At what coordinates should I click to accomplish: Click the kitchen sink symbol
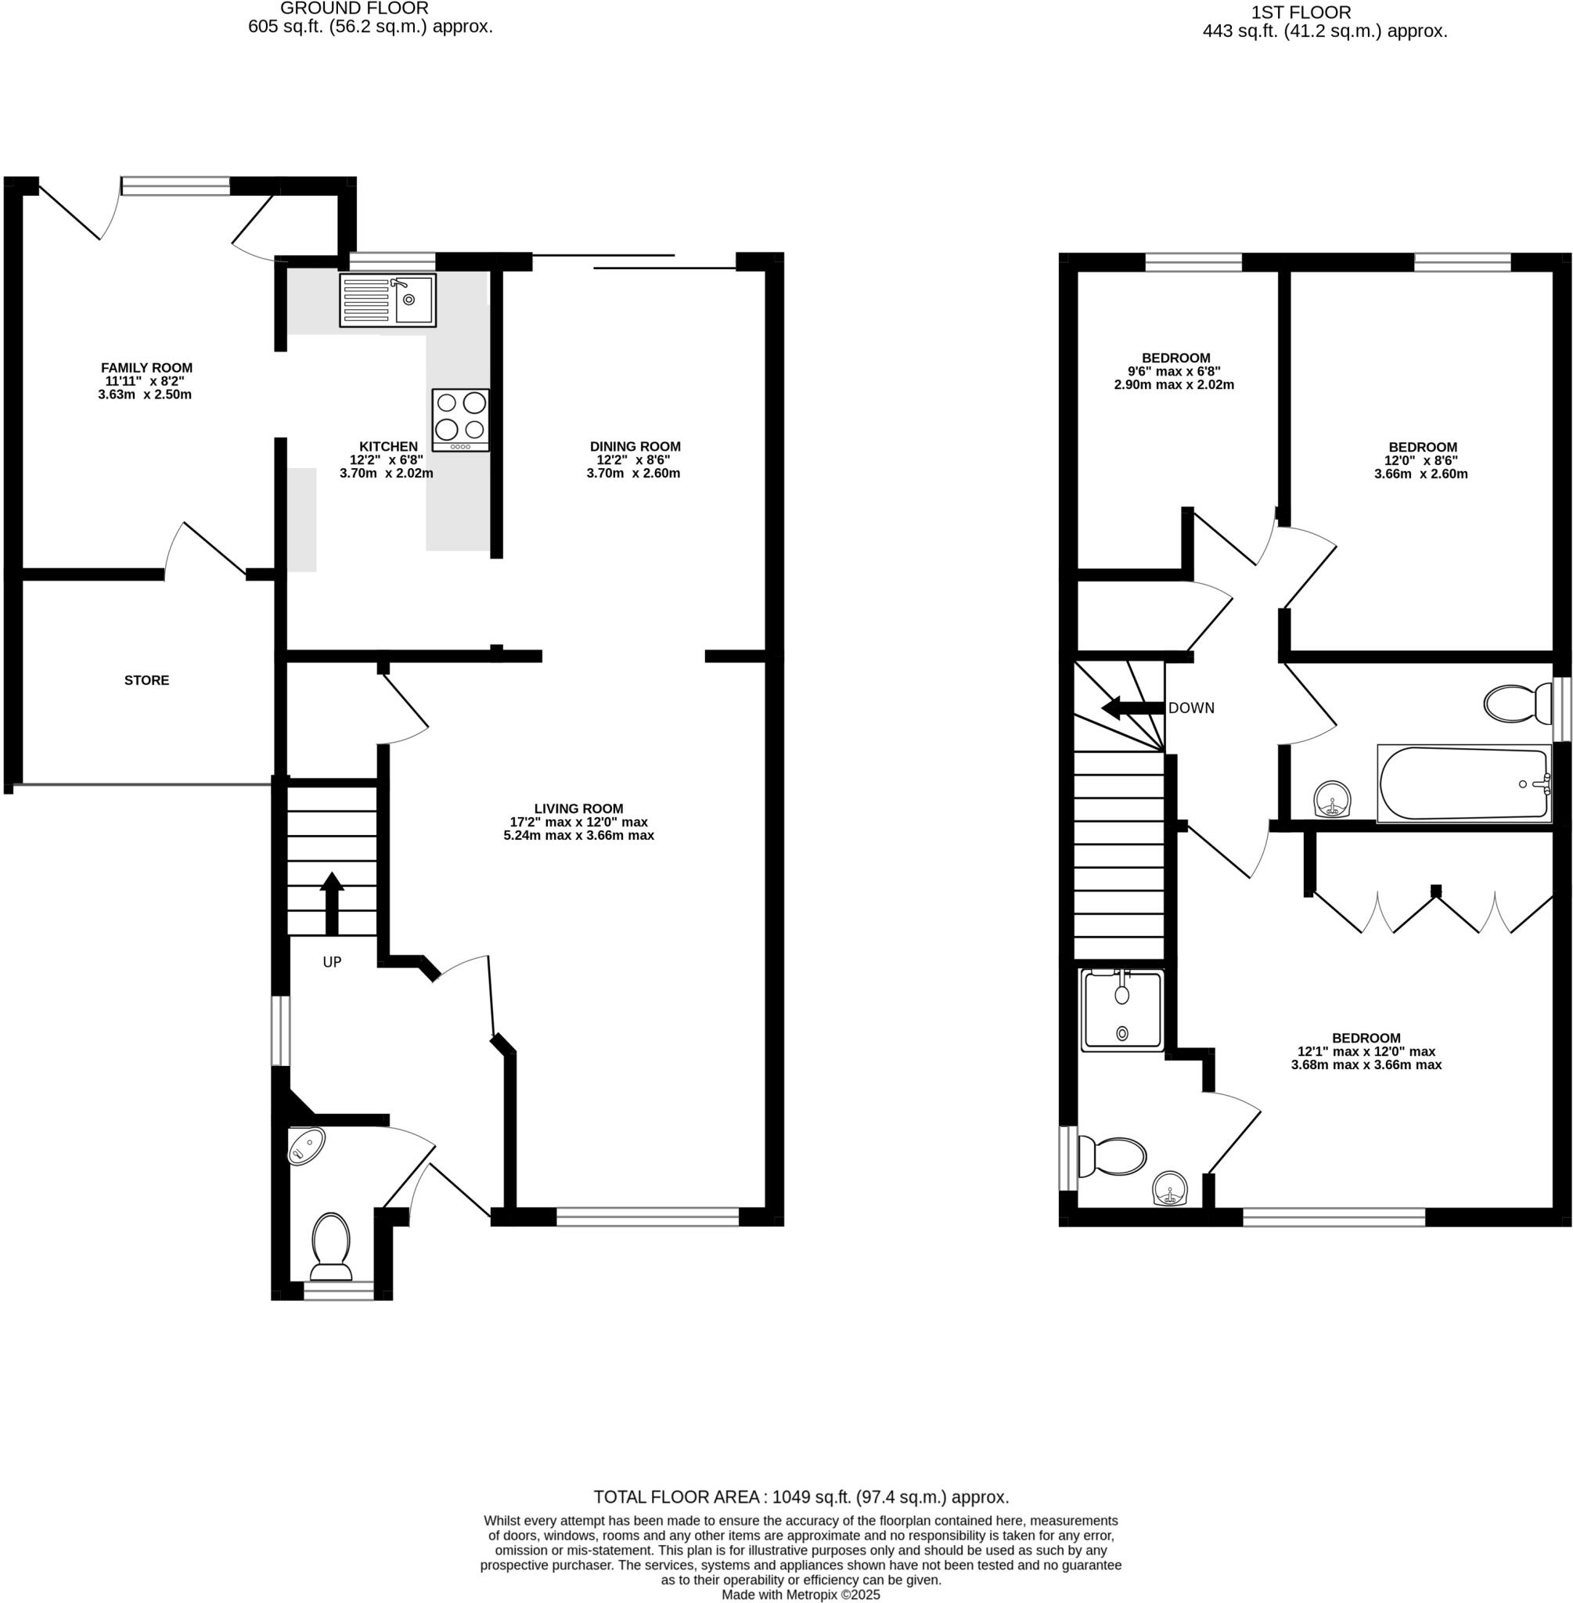click(387, 300)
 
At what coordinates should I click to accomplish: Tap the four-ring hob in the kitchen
click(460, 419)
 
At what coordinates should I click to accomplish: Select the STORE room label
click(146, 680)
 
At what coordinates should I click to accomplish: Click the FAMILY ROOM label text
click(146, 368)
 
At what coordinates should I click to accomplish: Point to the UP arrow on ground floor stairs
click(331, 901)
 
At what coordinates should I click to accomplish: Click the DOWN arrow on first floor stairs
click(1132, 708)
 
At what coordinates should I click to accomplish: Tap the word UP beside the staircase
click(331, 962)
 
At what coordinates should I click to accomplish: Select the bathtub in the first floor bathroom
click(1463, 783)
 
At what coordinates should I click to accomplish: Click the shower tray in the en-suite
click(1121, 1010)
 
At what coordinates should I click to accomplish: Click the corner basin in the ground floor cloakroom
click(306, 1145)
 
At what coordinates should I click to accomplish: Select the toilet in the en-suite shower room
click(1112, 1156)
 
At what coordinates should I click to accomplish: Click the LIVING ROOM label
click(578, 808)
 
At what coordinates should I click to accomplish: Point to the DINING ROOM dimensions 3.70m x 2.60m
click(633, 474)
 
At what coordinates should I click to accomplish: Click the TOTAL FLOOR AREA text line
click(801, 1497)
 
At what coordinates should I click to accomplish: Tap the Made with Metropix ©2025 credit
click(801, 1594)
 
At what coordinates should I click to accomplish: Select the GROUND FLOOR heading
click(354, 9)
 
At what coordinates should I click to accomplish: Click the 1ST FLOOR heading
click(1301, 13)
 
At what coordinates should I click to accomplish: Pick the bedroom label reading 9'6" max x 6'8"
click(1174, 371)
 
